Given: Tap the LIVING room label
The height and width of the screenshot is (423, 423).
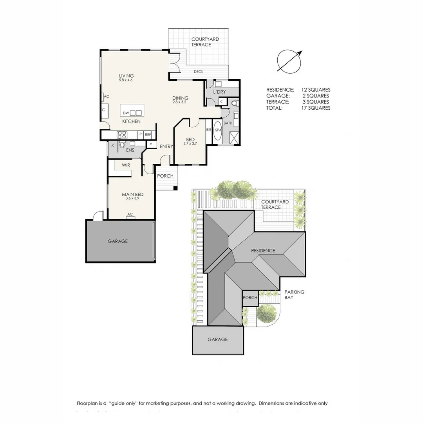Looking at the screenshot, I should (x=126, y=76).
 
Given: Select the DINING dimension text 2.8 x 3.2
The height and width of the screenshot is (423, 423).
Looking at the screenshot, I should (x=181, y=103).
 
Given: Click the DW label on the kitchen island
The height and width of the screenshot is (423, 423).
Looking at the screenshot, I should (x=126, y=113).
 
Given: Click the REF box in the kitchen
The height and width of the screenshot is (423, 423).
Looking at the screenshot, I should (x=148, y=134).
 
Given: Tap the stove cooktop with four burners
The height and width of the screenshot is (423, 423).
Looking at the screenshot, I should (x=122, y=135).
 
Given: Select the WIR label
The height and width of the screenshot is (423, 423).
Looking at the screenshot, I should (x=126, y=165).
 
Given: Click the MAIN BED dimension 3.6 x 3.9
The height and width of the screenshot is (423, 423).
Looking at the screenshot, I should (x=132, y=199).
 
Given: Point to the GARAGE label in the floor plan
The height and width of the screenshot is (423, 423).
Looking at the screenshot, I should (x=117, y=241).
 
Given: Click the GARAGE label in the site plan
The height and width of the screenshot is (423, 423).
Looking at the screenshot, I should (x=217, y=340).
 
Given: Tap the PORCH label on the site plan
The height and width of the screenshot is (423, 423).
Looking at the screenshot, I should (x=250, y=298).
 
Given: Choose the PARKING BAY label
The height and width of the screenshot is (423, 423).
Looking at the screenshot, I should (x=294, y=295).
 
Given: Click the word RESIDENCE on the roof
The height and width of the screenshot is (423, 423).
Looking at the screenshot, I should (x=263, y=251).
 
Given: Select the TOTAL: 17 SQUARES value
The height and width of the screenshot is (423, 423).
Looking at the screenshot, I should (x=316, y=108).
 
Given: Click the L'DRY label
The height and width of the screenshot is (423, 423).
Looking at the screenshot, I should (x=219, y=92).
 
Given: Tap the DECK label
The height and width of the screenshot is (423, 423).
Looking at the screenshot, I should (x=198, y=72).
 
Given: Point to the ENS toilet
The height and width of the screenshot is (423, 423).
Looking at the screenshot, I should (x=122, y=145).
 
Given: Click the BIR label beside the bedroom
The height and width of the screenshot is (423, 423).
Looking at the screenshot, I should (x=208, y=130).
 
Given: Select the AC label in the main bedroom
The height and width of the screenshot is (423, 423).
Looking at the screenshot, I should (x=130, y=214).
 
